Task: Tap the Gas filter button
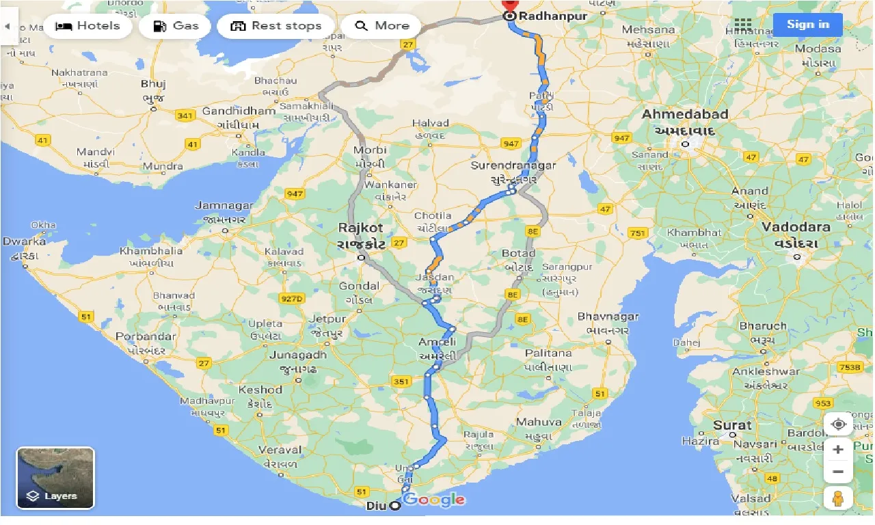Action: (175, 26)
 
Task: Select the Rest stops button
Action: (275, 26)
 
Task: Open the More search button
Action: (382, 26)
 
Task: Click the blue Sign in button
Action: (807, 25)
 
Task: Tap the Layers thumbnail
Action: (55, 478)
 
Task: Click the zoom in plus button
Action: (838, 450)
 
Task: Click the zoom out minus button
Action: (838, 472)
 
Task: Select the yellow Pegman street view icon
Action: (838, 498)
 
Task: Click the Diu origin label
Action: (375, 506)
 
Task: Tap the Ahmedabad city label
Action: (684, 115)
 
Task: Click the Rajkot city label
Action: (360, 228)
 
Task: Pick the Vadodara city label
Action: (796, 228)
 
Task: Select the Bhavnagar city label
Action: (608, 317)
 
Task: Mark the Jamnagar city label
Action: (224, 206)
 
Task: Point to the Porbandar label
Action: (145, 337)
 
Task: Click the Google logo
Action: (433, 500)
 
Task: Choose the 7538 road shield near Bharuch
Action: (850, 367)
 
